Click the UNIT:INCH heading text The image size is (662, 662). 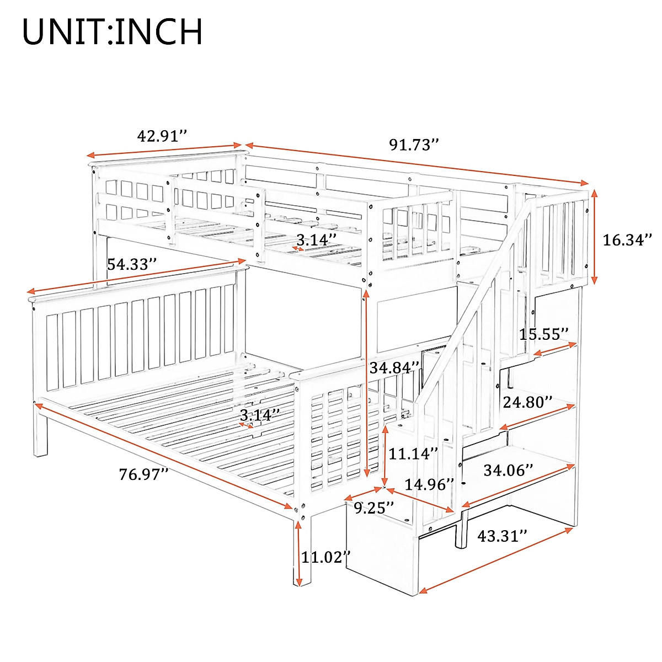click(113, 32)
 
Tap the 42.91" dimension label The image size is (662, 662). click(163, 136)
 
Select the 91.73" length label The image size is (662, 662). click(414, 145)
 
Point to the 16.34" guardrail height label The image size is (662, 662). click(627, 240)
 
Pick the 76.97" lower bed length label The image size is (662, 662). click(144, 474)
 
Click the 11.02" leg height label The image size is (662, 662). click(325, 557)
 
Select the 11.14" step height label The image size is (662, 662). click(414, 454)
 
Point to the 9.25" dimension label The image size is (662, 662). click(375, 508)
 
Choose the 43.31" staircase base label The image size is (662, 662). click(502, 536)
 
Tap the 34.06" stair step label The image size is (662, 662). click(508, 470)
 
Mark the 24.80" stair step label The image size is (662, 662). click(527, 402)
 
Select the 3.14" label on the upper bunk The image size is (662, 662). click(316, 240)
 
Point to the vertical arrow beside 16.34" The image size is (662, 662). click(594, 237)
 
